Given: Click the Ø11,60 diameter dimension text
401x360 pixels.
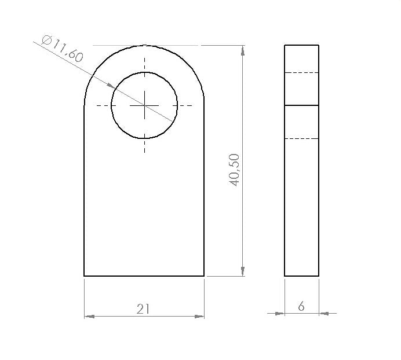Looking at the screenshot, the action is coord(62,49).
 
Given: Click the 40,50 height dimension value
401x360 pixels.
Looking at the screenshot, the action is coord(234,170).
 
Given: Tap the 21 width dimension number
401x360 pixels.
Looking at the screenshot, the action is coord(143,309).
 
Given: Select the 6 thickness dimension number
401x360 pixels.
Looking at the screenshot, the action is coord(301,306).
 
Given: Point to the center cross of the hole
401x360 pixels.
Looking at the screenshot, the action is coord(144,105).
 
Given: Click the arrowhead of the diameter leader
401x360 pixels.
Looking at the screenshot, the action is coord(111,86).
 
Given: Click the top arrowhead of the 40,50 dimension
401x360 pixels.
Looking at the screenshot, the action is coord(243,50).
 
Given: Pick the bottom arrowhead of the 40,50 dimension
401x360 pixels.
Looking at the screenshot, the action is coord(243,271).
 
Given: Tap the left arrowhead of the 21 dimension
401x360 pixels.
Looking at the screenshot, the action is coord(89,317).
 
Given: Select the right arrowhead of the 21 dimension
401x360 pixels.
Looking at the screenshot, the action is coord(199,317).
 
